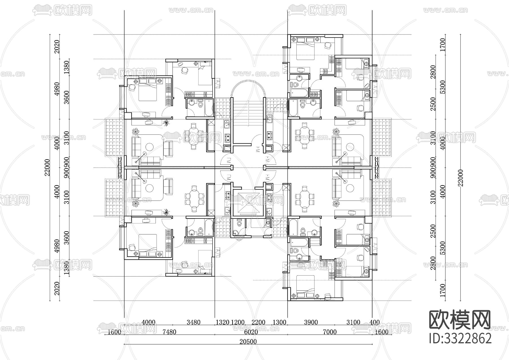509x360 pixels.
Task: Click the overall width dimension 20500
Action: [x=248, y=342]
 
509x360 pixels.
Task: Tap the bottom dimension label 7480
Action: [x=169, y=332]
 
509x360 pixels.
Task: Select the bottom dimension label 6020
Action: [x=251, y=332]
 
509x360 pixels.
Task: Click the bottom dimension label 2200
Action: [x=258, y=322]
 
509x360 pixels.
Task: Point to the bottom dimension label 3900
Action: [x=311, y=322]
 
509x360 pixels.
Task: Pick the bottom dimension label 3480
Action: [x=193, y=322]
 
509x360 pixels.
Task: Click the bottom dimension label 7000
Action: [x=330, y=332]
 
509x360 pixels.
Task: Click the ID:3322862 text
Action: [x=460, y=338]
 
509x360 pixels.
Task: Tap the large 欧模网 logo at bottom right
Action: [x=460, y=320]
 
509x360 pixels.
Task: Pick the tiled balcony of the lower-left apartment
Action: [x=115, y=197]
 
